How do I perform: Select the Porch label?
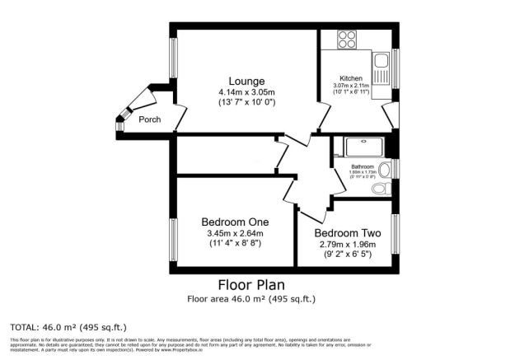149,119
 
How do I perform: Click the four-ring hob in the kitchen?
345,40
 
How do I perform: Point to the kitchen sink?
382,61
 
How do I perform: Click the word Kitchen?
351,78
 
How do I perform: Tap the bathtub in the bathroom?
363,148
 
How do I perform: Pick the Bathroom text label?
363,166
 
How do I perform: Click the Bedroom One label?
235,222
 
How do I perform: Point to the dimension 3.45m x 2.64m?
235,233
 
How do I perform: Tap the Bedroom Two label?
345,232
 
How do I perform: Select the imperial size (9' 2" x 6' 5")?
345,255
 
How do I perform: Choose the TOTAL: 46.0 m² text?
68,327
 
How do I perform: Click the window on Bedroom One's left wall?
173,239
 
